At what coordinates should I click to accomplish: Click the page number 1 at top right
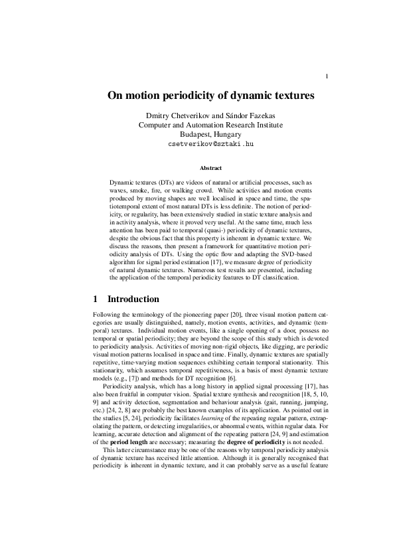[327, 76]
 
